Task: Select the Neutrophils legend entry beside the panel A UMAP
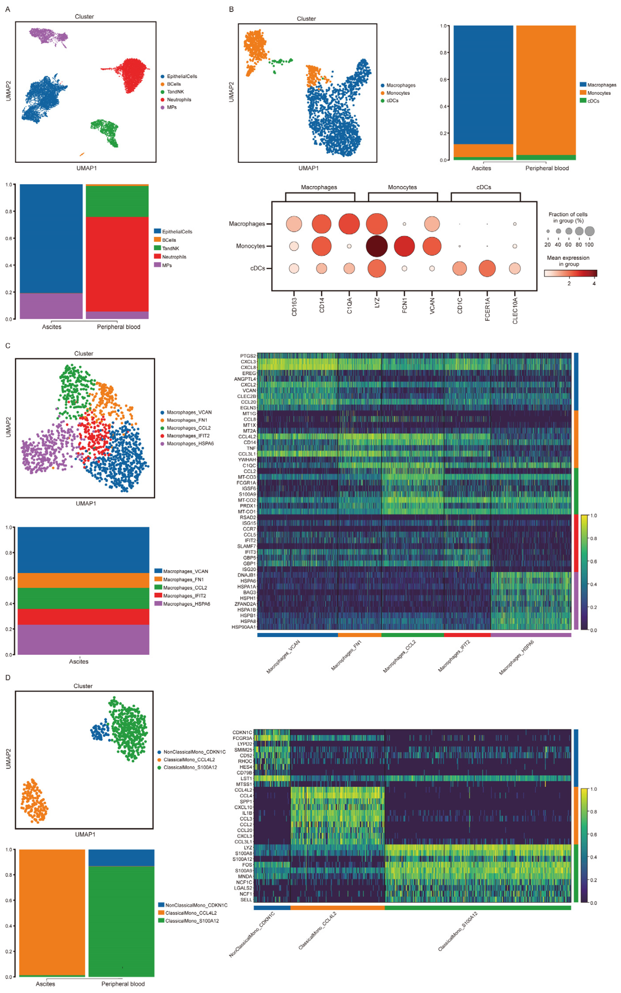(x=179, y=99)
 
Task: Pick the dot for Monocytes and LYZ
(x=376, y=246)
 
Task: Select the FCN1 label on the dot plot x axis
(x=405, y=306)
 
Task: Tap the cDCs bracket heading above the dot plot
(x=484, y=187)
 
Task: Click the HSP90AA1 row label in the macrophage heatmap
(x=244, y=627)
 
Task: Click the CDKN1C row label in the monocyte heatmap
(x=242, y=732)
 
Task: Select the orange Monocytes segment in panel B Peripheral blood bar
(x=546, y=90)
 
